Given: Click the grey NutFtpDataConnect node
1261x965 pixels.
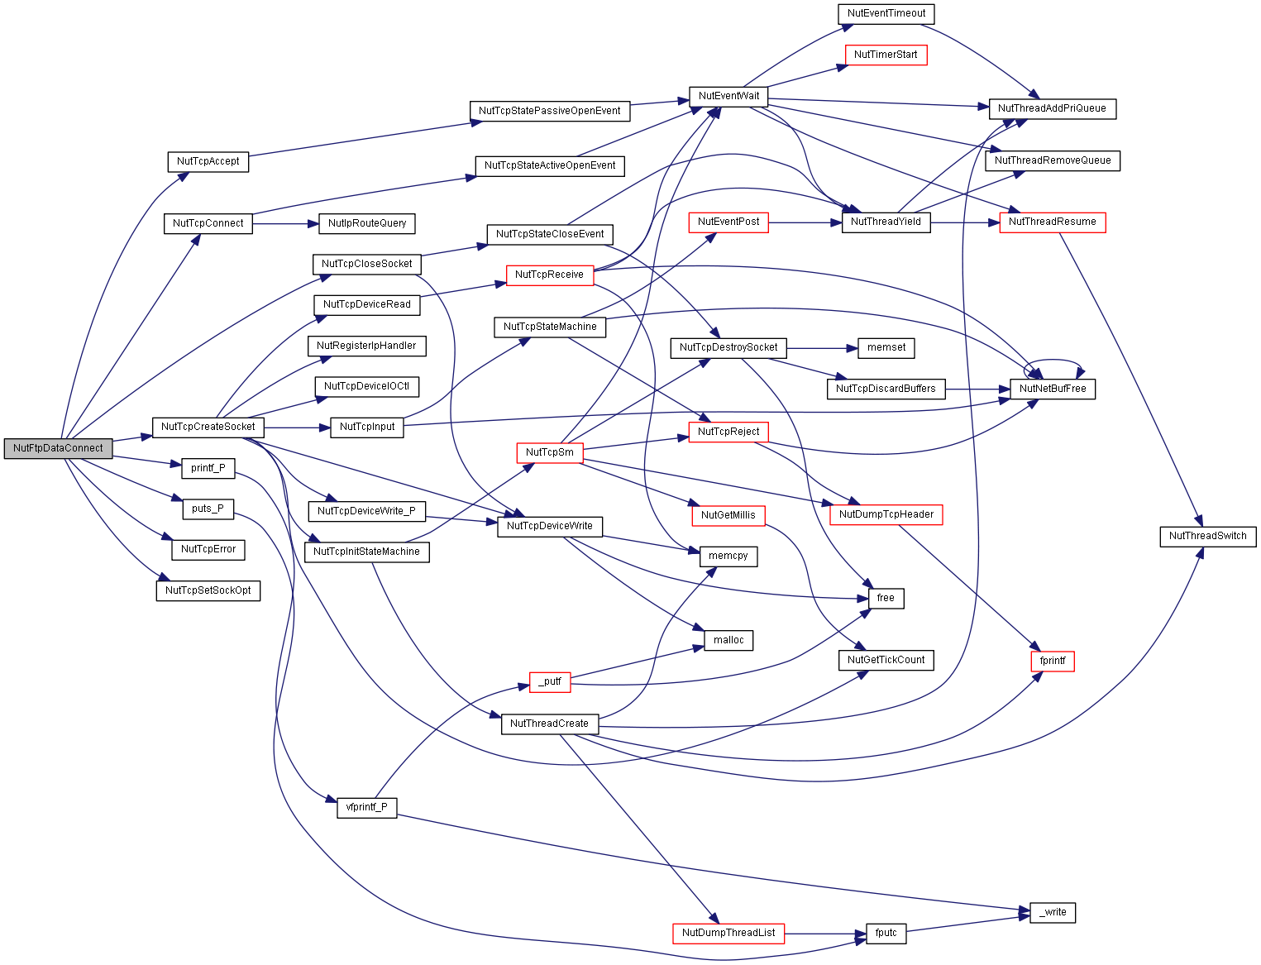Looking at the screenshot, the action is coord(58,449).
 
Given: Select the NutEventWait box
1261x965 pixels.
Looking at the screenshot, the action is coord(728,96).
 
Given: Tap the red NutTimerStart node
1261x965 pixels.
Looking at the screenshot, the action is coord(886,55).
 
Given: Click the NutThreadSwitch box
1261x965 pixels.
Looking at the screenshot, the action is coord(1207,537).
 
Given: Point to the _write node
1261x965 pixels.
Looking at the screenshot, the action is coord(1053,912).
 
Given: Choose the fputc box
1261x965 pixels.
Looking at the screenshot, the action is coord(886,933).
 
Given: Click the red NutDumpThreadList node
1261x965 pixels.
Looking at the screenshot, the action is coord(728,933).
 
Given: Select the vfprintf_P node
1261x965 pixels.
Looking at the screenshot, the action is coord(366,808).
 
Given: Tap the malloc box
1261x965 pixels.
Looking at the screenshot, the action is coord(728,641).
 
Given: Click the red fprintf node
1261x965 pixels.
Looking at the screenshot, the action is coord(1053,662).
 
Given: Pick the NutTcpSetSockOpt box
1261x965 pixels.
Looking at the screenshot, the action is coord(208,591).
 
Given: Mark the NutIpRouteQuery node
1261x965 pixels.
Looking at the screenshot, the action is coord(366,223).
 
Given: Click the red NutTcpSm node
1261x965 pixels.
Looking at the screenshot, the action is coord(550,452).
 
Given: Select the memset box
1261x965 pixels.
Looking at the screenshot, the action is coord(886,348).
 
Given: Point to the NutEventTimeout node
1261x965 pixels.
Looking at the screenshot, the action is coord(886,14).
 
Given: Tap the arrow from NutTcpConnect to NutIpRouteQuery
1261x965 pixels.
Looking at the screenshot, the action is coord(285,224).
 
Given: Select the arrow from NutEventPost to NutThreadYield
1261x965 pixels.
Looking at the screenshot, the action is coord(805,223).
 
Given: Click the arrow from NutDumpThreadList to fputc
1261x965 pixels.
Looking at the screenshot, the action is coord(825,934).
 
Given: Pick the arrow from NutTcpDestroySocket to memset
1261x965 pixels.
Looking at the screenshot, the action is coord(822,349).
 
